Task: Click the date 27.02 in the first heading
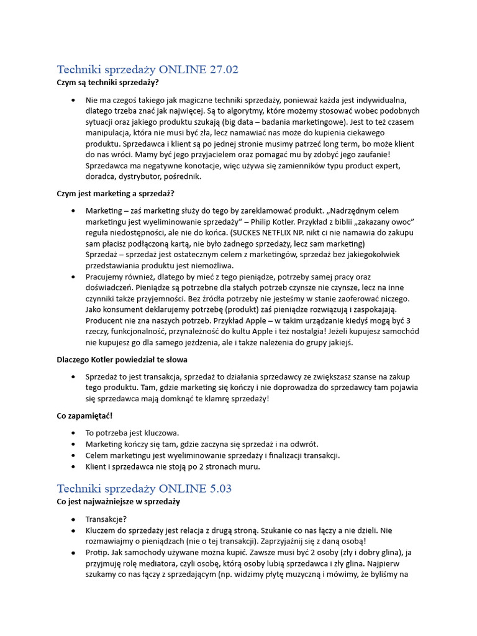pos(224,70)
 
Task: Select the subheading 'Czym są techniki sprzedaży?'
pos(107,82)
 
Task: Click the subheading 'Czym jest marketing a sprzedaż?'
pos(116,194)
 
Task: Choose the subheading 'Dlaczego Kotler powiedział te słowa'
pos(122,360)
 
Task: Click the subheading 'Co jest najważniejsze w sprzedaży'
pos(118,501)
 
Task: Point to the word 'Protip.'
pos(98,553)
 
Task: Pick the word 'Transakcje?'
pos(106,519)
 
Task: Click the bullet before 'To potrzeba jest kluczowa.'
pos(74,433)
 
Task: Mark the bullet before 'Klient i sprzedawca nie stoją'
pos(74,466)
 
